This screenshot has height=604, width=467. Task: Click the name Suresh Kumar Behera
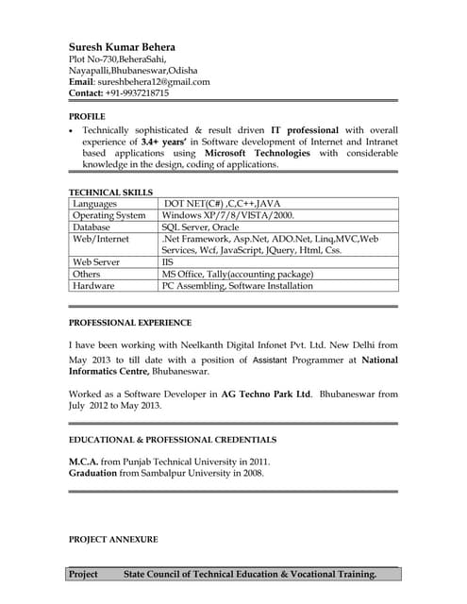pyautogui.click(x=127, y=46)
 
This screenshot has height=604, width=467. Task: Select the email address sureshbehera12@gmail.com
pyautogui.click(x=154, y=82)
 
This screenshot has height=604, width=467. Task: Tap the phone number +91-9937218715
pyautogui.click(x=137, y=93)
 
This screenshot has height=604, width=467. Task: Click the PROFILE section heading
pyautogui.click(x=87, y=115)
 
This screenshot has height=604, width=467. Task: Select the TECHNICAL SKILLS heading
pyautogui.click(x=111, y=192)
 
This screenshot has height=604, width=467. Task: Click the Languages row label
pyautogui.click(x=94, y=204)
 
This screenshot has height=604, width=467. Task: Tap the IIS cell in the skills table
pyautogui.click(x=168, y=262)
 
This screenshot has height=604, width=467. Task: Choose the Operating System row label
pyautogui.click(x=108, y=215)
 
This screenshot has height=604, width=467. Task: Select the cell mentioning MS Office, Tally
pyautogui.click(x=237, y=274)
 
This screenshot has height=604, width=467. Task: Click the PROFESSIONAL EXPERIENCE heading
pyautogui.click(x=130, y=323)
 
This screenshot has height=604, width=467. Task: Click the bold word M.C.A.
pyautogui.click(x=83, y=461)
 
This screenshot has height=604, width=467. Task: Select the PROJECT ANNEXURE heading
pyautogui.click(x=113, y=539)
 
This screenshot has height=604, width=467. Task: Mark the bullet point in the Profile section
pyautogui.click(x=72, y=129)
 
